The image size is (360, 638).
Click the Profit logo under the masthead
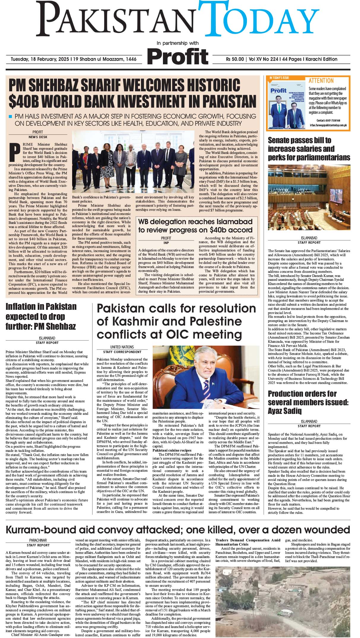(x=178, y=57)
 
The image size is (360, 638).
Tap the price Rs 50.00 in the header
(x=234, y=59)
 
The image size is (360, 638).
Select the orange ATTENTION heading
(x=321, y=81)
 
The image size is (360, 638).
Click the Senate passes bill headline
(x=309, y=149)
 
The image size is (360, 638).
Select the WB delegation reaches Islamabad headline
(x=195, y=226)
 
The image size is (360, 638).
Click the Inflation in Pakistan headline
(x=41, y=316)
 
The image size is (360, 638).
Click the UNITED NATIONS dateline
(x=122, y=347)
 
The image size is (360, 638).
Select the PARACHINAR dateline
(x=38, y=540)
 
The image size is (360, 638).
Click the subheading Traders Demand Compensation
(x=248, y=542)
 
